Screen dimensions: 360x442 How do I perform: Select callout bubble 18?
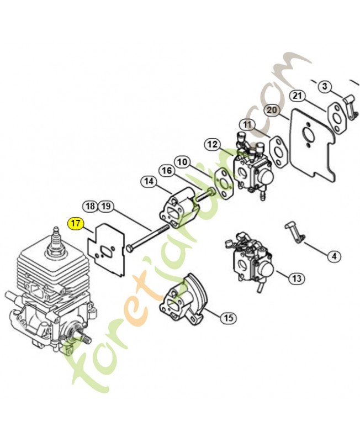click(x=91, y=206)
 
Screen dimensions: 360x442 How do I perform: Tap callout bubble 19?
click(x=105, y=206)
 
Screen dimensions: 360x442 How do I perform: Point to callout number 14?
click(x=149, y=182)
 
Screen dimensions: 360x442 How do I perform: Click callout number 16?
click(x=167, y=171)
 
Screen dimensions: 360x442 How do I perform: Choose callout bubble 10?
click(x=182, y=162)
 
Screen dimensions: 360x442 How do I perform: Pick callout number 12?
click(x=213, y=145)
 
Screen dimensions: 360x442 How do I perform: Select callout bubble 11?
click(x=247, y=125)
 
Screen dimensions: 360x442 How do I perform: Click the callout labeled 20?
click(x=272, y=110)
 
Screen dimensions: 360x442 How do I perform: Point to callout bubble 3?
click(x=325, y=86)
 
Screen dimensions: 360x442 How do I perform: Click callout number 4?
click(x=334, y=256)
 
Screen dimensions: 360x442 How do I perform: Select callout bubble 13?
click(x=297, y=278)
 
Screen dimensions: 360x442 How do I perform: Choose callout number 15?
click(x=229, y=318)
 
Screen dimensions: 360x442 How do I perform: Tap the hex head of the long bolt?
click(x=130, y=249)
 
